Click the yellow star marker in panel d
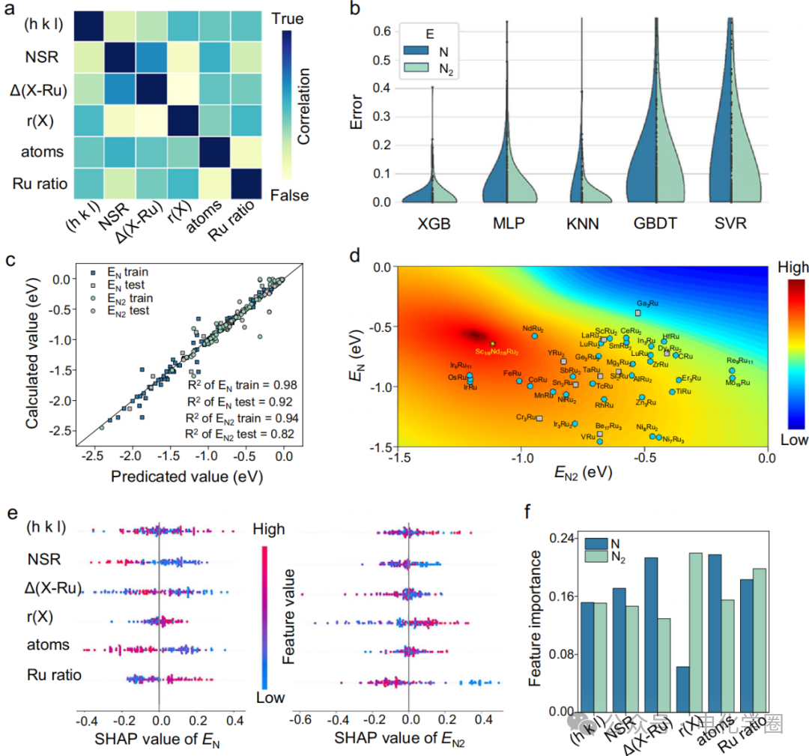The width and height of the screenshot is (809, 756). coord(492,343)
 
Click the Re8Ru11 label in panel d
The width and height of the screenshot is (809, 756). coord(739,362)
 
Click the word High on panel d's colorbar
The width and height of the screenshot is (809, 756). coord(794,267)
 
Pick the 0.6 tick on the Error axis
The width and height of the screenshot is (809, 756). coord(384,31)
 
